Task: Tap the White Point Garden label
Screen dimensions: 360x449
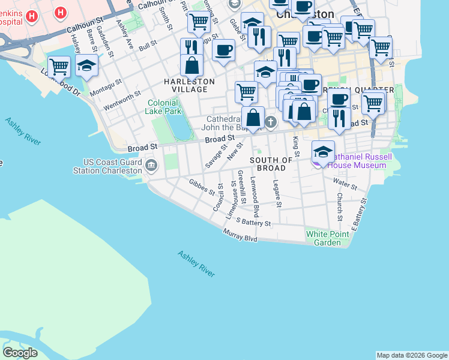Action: (x=327, y=238)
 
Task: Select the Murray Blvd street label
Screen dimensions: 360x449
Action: (x=240, y=235)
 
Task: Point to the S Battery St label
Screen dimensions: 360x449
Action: (x=253, y=222)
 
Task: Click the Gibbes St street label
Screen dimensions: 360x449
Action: (x=201, y=187)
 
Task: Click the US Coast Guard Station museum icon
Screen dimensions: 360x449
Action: (x=150, y=165)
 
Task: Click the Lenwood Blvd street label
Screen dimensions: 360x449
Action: (x=255, y=197)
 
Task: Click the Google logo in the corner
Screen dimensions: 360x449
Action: (x=20, y=353)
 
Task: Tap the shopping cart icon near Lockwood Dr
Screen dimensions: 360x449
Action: (x=59, y=66)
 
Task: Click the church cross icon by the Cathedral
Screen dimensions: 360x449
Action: (x=271, y=123)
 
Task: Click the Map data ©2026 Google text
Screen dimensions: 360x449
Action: (x=412, y=355)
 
